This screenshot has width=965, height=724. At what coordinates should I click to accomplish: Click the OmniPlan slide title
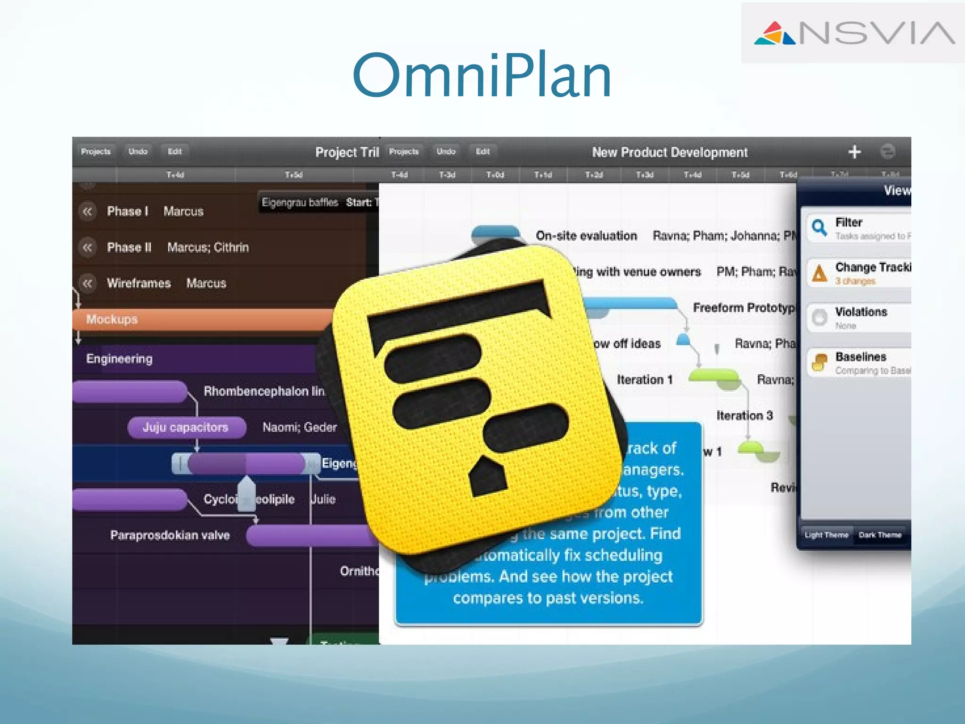point(482,75)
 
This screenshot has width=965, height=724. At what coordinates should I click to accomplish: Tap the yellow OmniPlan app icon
point(476,401)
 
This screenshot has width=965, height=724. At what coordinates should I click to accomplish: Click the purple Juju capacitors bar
point(186,428)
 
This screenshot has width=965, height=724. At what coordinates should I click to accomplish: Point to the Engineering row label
point(119,359)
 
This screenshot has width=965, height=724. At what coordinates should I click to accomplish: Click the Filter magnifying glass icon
point(819,227)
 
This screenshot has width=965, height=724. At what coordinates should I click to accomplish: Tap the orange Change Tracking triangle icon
point(819,273)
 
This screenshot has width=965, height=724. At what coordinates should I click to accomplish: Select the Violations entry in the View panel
point(861,312)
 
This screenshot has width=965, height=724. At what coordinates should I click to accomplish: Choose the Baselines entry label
point(861,357)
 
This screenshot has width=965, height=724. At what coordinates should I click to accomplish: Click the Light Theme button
point(826,535)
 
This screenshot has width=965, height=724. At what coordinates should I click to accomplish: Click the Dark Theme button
point(880,535)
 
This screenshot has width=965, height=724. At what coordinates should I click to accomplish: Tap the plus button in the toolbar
point(854,152)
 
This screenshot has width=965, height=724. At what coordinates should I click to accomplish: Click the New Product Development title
point(670,152)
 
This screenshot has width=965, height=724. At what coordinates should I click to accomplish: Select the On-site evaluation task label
point(586,236)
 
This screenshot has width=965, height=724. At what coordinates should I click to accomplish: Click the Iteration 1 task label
point(644,380)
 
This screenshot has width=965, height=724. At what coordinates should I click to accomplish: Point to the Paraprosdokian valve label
point(170,535)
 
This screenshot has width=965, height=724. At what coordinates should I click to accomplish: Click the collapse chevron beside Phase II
point(87,247)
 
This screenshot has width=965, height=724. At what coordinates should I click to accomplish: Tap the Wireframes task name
point(139,283)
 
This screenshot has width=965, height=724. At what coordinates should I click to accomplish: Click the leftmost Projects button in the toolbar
point(96,152)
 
